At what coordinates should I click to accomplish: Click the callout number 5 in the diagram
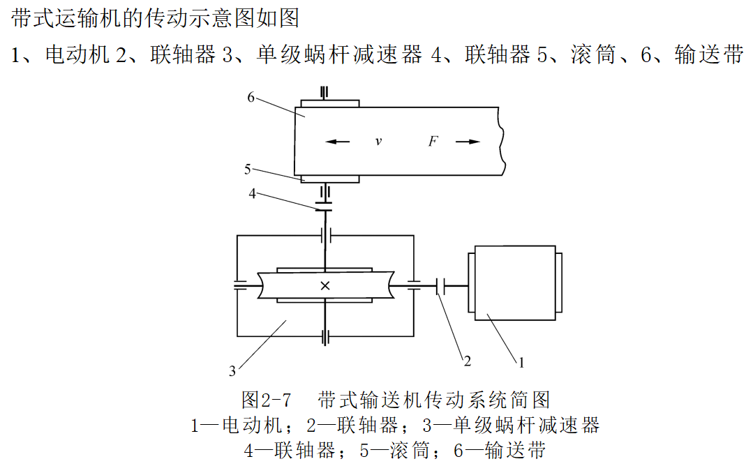[248, 168]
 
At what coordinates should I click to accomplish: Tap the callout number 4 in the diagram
[252, 193]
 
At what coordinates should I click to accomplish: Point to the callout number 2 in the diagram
[468, 361]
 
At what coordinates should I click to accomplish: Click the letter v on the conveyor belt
[378, 142]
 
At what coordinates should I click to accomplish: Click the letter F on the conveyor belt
[433, 142]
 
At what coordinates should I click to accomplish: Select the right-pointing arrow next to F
[468, 142]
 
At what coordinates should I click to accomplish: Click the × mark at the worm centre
[325, 285]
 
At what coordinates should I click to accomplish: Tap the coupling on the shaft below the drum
[324, 206]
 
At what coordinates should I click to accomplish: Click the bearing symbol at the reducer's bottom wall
[325, 336]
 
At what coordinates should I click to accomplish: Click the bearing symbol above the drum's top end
[324, 92]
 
